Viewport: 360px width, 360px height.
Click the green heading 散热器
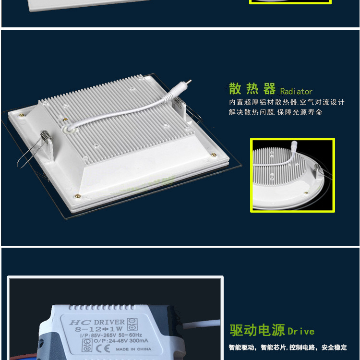point(252,89)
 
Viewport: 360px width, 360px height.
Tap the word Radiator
point(296,91)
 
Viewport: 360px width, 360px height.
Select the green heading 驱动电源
point(257,330)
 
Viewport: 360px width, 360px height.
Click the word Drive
point(301,331)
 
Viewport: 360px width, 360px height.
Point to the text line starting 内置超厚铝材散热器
point(287,102)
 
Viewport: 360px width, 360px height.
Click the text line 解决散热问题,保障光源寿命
point(276,112)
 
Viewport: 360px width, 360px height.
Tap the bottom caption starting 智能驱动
point(288,348)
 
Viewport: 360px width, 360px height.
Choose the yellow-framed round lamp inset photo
point(292,175)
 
